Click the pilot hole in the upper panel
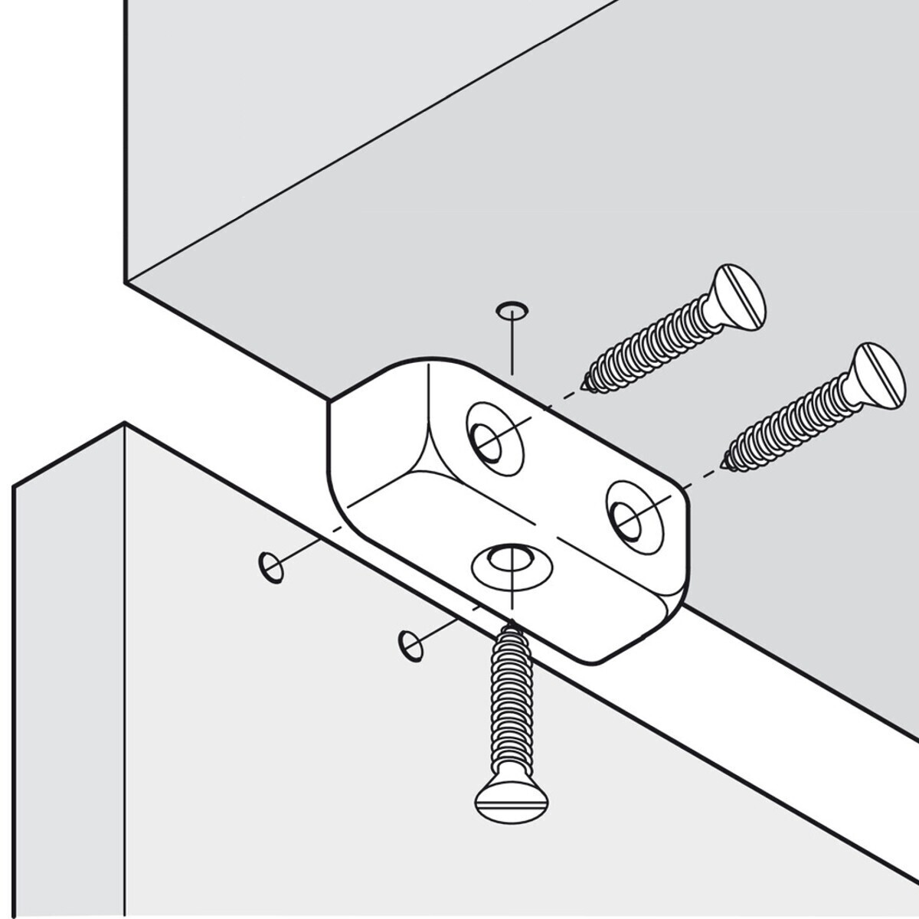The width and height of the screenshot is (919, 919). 510,309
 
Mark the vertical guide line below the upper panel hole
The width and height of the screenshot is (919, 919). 511,345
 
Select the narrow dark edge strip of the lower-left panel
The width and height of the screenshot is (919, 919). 69,689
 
